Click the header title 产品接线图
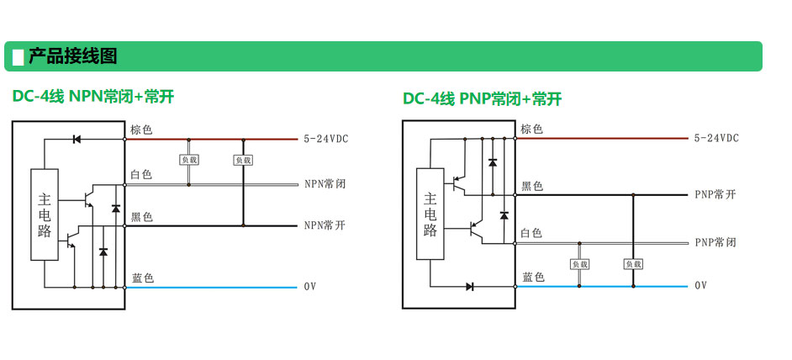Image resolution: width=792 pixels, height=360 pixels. tap(73, 56)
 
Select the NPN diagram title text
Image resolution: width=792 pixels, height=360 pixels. tap(92, 97)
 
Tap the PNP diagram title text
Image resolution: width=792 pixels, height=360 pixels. tap(482, 99)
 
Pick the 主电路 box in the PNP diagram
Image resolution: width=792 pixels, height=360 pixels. tap(430, 214)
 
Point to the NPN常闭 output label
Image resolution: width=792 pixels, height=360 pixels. tap(325, 183)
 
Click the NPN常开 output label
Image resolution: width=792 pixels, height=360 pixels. tap(325, 225)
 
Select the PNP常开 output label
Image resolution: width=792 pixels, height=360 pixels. tap(715, 194)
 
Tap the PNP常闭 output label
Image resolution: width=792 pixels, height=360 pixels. tap(715, 242)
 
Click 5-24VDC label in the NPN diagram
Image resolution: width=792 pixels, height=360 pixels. tap(327, 139)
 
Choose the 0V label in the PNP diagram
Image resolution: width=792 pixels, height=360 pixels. tap(701, 286)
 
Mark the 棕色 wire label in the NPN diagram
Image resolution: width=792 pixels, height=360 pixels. tap(141, 130)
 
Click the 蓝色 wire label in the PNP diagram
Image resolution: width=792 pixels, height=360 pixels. tap(533, 277)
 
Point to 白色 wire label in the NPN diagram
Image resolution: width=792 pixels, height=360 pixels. tap(141, 174)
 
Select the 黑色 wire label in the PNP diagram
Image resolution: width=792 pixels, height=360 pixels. tap(532, 186)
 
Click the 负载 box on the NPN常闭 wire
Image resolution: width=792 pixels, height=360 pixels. tap(189, 159)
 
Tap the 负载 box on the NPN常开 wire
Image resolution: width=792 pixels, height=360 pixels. tap(243, 160)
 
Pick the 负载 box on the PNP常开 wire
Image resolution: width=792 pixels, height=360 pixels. tap(633, 264)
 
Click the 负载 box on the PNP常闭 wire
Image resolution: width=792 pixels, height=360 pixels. tap(580, 264)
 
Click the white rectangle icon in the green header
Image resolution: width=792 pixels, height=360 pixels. tap(18, 57)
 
